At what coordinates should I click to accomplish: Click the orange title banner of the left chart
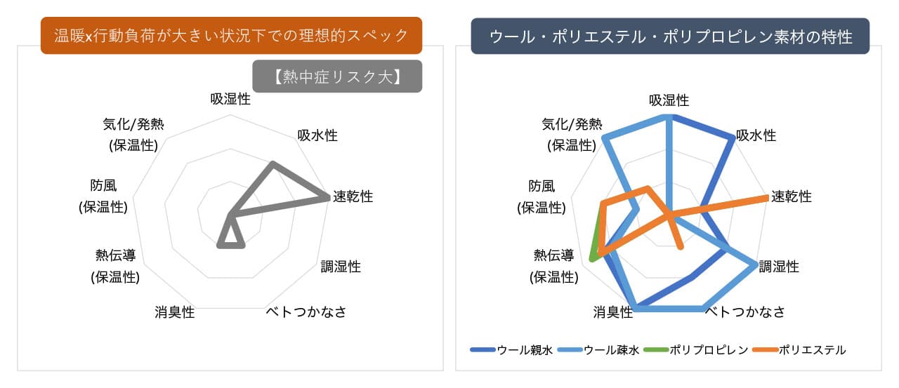[231, 35]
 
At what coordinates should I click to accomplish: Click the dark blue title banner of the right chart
[670, 36]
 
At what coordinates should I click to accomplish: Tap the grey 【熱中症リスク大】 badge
[337, 76]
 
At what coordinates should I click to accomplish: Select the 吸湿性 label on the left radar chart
[230, 99]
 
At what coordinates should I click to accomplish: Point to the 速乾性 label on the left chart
[353, 196]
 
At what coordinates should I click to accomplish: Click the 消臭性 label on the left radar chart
[175, 312]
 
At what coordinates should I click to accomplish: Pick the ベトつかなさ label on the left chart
[306, 312]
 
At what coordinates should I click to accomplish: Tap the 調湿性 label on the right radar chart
[779, 267]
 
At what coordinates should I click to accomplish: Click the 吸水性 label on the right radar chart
[756, 135]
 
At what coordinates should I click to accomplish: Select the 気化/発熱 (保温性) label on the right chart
[572, 135]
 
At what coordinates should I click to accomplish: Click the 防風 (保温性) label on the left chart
[103, 196]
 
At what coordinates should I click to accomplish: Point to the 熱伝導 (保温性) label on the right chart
[554, 266]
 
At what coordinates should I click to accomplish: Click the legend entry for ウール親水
[511, 350]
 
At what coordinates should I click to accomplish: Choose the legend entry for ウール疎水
[598, 350]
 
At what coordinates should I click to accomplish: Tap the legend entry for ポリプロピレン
[696, 350]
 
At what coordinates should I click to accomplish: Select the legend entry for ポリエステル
[799, 350]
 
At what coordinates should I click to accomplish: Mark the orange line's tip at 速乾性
[766, 196]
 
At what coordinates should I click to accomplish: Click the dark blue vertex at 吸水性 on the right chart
[731, 138]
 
